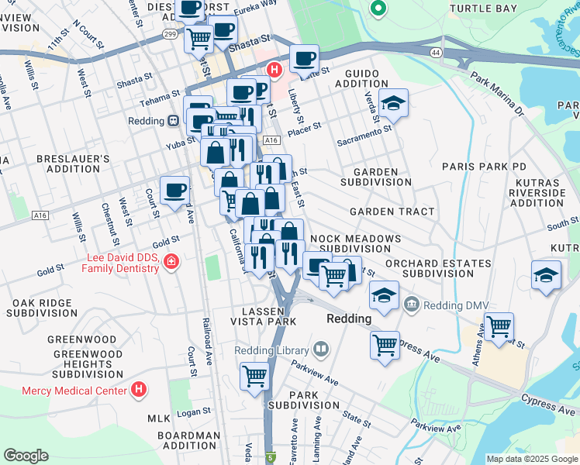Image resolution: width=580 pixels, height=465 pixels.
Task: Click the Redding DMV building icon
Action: (411, 305)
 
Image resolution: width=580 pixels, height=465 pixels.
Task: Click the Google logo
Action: (26, 455)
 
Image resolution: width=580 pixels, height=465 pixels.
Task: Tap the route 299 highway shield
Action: (170, 35)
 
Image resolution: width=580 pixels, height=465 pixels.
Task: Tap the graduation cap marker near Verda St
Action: (393, 103)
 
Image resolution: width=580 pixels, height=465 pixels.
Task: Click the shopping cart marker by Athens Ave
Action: (499, 325)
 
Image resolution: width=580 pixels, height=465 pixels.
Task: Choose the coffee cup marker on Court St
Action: (174, 188)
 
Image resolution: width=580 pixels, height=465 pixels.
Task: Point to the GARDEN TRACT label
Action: (385, 212)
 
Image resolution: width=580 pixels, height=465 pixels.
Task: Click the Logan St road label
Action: (194, 412)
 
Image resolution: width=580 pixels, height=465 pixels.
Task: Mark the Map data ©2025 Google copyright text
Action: (531, 458)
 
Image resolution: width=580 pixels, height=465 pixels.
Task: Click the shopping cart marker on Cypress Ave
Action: (385, 345)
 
